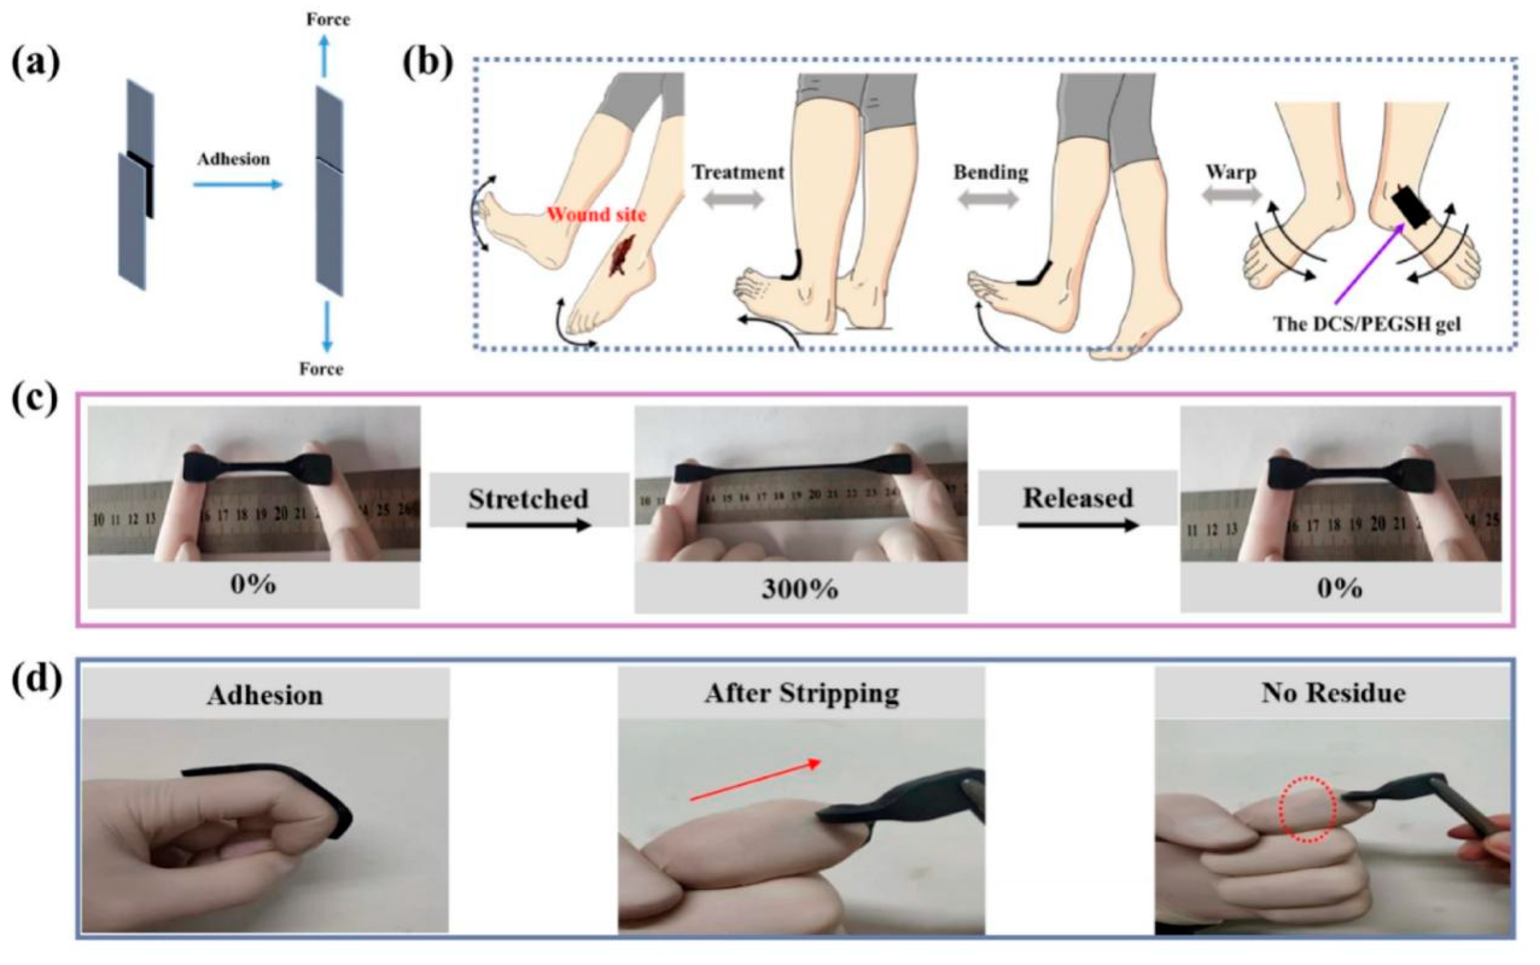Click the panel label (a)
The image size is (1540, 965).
point(36,64)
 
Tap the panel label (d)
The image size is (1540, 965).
point(37,681)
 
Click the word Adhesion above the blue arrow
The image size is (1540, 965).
point(234,159)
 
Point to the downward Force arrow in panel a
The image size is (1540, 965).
point(327,326)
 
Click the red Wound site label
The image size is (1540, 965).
point(596,214)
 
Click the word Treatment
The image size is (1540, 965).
point(738,172)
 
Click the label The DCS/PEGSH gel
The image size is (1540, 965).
point(1367,324)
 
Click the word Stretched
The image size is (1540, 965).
point(528,499)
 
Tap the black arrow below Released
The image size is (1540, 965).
point(1078,525)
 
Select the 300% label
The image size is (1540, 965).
point(800,589)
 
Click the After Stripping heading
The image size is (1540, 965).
point(802,693)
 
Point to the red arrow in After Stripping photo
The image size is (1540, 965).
point(756,780)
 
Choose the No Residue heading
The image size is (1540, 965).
point(1333,693)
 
